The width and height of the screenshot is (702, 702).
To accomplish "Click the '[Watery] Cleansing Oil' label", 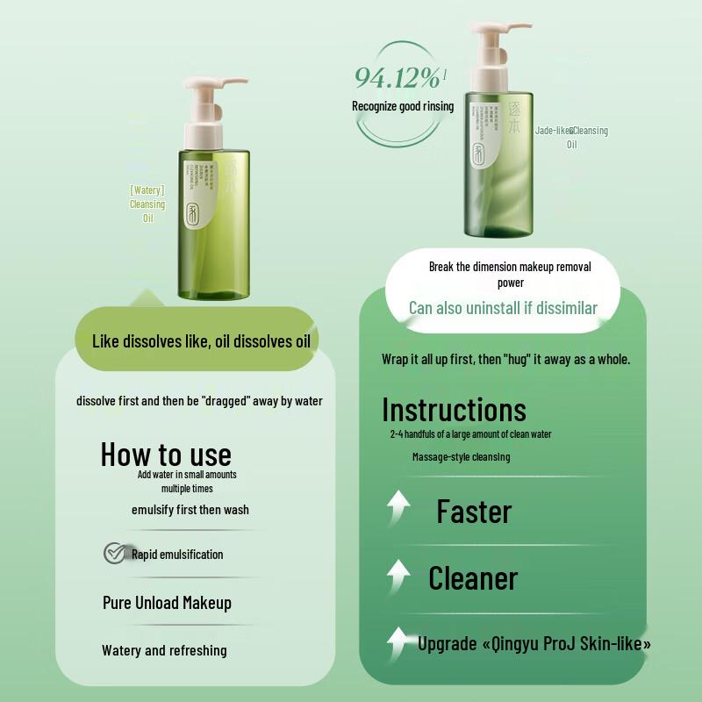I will (147, 204).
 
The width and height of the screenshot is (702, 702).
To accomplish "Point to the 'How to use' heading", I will (166, 454).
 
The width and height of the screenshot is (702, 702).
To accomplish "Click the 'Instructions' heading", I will (454, 410).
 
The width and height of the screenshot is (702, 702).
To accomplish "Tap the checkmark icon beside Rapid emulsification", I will (114, 553).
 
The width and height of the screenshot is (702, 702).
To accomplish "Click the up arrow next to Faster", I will (399, 510).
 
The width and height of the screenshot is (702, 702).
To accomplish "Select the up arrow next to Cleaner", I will (399, 577).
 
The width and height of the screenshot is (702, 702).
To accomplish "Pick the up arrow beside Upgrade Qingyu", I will (399, 642).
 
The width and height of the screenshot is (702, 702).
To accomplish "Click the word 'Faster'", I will (474, 512).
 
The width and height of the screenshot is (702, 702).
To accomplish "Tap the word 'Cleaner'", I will (473, 578).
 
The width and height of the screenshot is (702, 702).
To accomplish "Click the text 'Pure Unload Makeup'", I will (167, 603).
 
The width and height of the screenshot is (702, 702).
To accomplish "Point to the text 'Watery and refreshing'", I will (164, 650).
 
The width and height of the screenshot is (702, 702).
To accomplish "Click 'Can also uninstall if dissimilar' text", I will (503, 308).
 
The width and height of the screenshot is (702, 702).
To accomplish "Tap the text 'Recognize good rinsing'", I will (403, 106).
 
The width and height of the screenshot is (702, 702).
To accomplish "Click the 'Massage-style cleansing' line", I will (461, 456).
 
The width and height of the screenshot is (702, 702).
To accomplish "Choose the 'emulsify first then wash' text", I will (190, 510).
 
